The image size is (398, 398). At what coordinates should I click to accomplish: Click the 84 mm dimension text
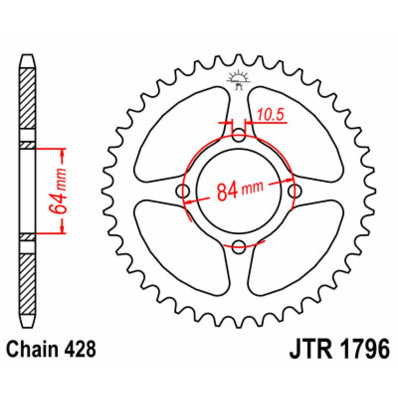click(x=239, y=191)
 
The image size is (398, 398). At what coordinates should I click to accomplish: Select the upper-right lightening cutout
click(x=295, y=134)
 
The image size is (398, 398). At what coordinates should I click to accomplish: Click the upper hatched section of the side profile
click(x=28, y=99)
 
